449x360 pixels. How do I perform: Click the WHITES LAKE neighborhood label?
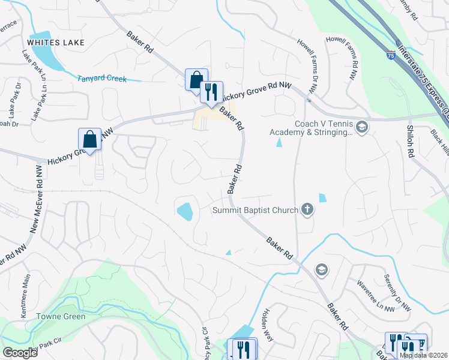pos(55,43)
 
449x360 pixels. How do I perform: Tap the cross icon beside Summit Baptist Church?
pos(307,209)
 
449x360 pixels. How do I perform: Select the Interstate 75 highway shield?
pos(391,57)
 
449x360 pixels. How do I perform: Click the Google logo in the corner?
pos(20,353)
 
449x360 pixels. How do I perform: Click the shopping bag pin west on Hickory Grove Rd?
pos(89,140)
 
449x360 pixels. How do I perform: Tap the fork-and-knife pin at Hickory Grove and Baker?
pos(211,93)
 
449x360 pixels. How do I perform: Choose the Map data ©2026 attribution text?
pos(423,355)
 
